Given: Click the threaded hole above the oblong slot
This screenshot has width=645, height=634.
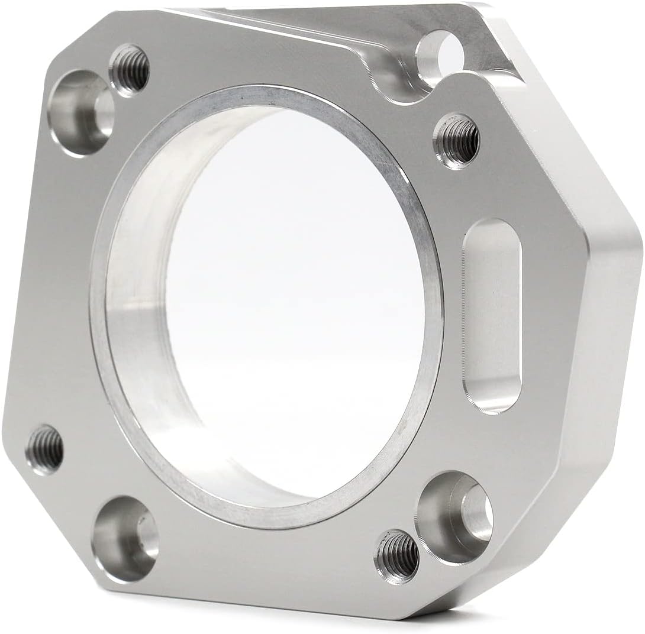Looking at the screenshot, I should point(457,140).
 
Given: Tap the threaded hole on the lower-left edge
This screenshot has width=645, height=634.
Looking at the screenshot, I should point(45,448).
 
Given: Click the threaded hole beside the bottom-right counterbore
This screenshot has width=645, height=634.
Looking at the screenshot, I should point(396,556).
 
